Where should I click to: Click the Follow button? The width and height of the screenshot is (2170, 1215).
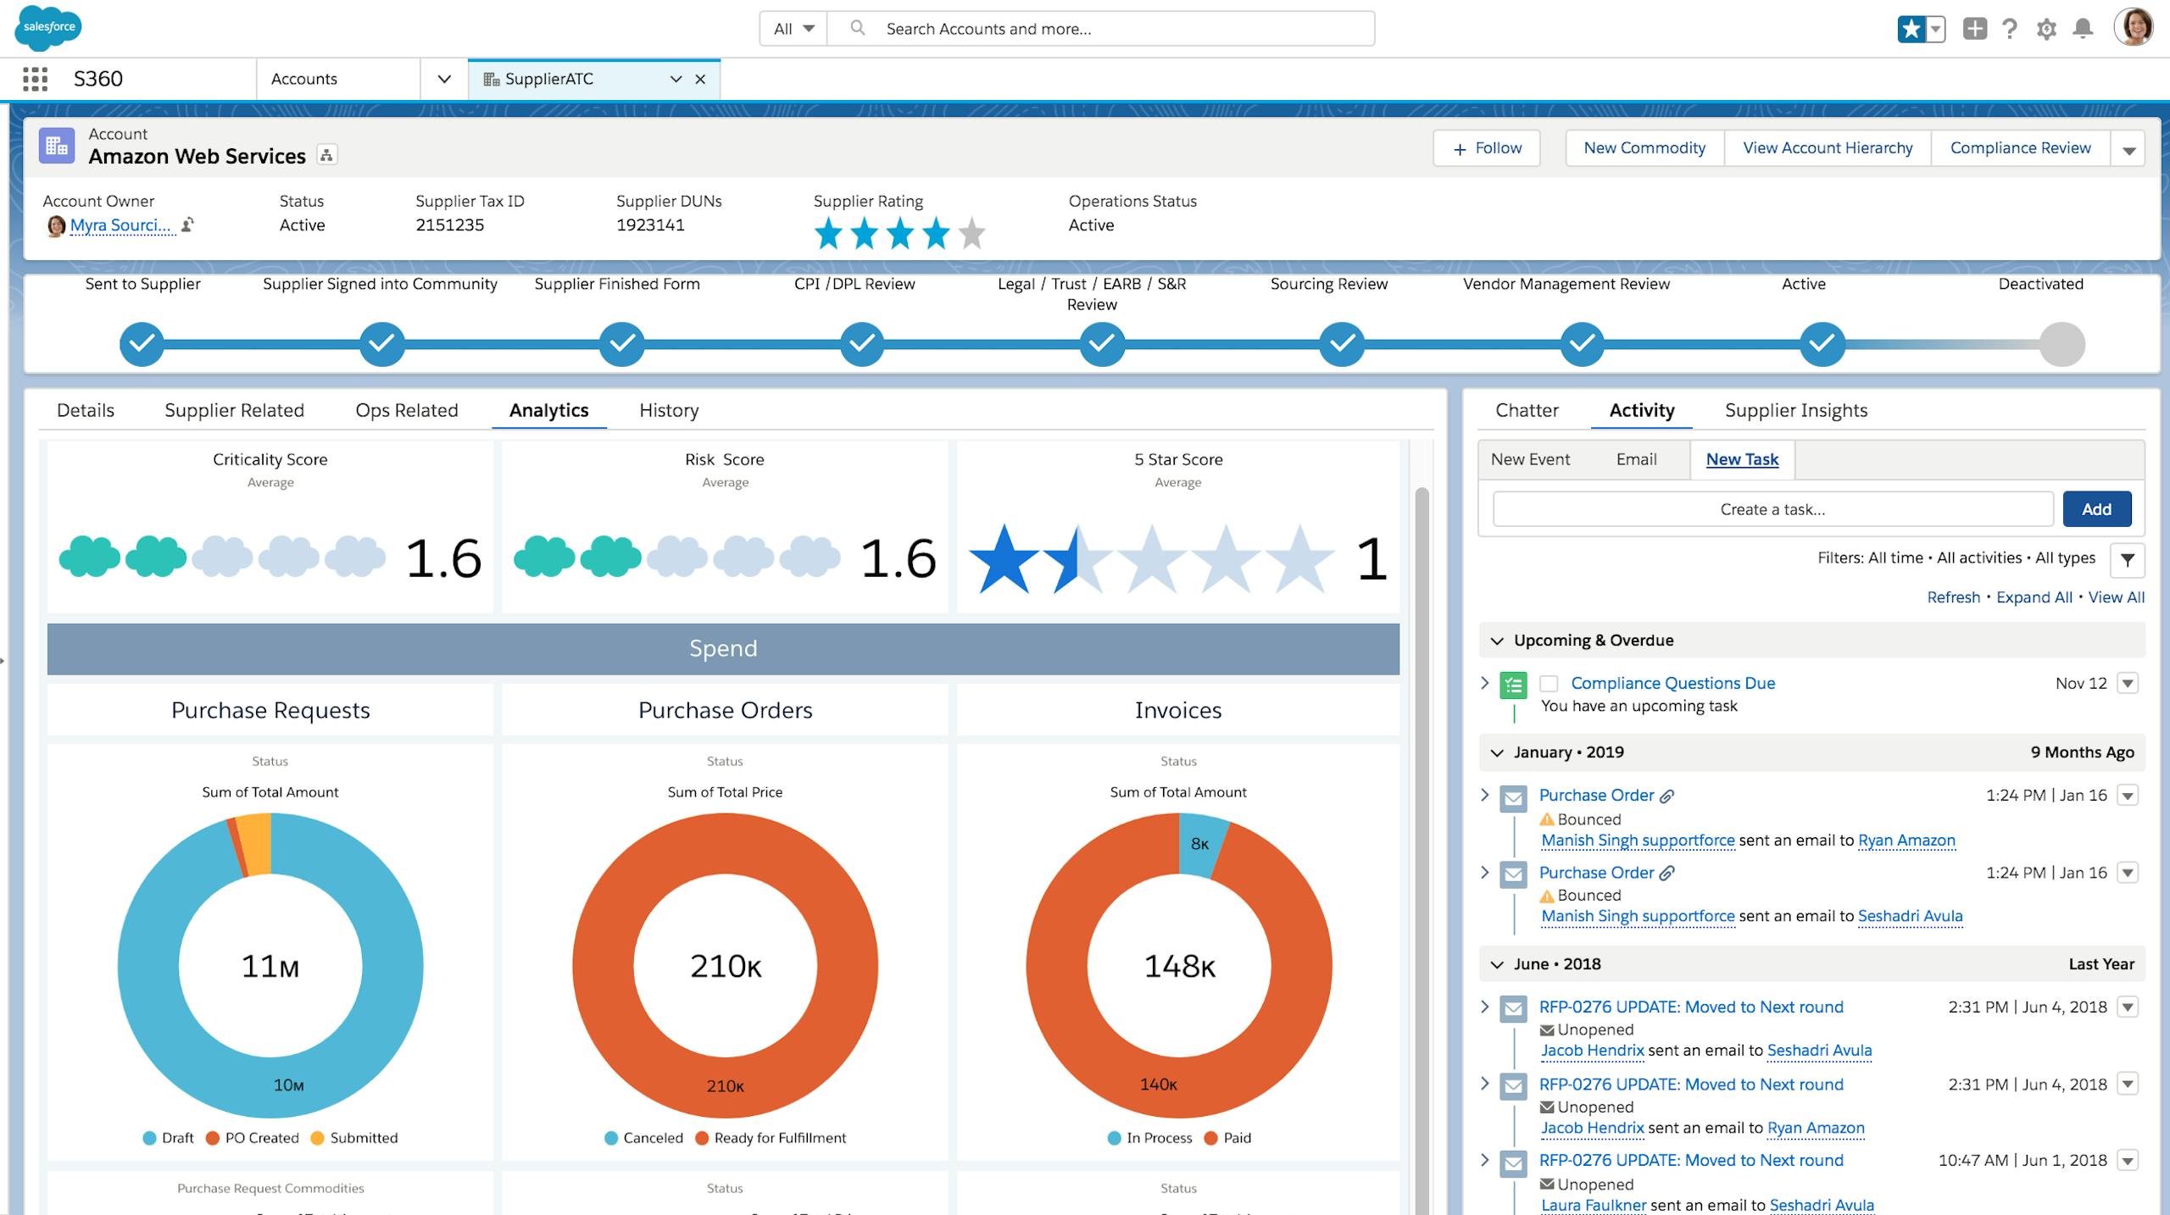(x=1487, y=148)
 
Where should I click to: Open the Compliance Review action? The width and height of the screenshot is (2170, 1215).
(x=2020, y=148)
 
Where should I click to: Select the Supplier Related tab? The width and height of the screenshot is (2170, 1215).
(x=234, y=410)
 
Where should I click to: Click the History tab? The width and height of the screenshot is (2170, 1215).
(x=669, y=410)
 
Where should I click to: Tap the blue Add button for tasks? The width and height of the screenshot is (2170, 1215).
(x=2096, y=509)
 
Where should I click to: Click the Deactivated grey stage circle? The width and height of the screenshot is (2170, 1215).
(x=2061, y=344)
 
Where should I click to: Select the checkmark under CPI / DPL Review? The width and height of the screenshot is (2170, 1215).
(x=862, y=344)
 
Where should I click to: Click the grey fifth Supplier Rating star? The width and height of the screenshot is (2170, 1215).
(x=972, y=234)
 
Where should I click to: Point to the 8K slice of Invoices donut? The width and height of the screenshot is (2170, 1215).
(x=1200, y=843)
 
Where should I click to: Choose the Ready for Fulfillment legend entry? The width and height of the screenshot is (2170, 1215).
(x=779, y=1138)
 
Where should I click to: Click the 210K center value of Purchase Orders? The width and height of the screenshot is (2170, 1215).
(x=726, y=966)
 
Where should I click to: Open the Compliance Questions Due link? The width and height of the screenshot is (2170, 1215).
(x=1672, y=683)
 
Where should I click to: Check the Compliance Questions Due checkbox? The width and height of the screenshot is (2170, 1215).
(x=1549, y=684)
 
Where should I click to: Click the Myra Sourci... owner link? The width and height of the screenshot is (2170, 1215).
(x=120, y=225)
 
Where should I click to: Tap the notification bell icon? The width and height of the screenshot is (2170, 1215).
(x=2083, y=29)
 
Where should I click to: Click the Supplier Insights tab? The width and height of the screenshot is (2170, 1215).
(x=1796, y=410)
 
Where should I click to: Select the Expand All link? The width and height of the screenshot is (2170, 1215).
(x=2034, y=597)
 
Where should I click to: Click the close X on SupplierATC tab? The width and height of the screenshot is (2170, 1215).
(x=700, y=79)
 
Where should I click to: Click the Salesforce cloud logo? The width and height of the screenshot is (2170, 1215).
(x=48, y=27)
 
